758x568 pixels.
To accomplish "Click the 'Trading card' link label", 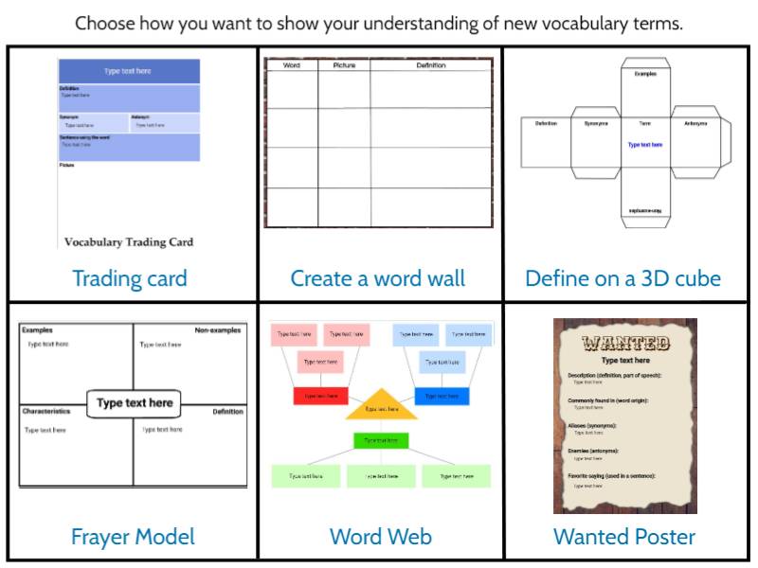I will pyautogui.click(x=130, y=278).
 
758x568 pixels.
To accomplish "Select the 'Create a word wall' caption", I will pyautogui.click(x=378, y=278).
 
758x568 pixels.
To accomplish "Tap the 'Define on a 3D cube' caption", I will pyautogui.click(x=623, y=278).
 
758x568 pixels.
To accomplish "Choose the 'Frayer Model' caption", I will pyautogui.click(x=133, y=537).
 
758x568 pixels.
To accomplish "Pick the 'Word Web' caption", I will pyautogui.click(x=380, y=537).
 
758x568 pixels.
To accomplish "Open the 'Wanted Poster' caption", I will pyautogui.click(x=624, y=537).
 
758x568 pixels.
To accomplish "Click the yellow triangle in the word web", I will pyautogui.click(x=381, y=404).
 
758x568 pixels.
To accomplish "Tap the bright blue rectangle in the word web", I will pyautogui.click(x=442, y=396).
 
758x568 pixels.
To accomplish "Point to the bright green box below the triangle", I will pyautogui.click(x=381, y=440).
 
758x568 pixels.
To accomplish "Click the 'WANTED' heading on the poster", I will pyautogui.click(x=624, y=343).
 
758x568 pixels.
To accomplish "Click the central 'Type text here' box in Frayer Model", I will pyautogui.click(x=135, y=403).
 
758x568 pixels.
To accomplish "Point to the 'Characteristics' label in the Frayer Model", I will pyautogui.click(x=46, y=412).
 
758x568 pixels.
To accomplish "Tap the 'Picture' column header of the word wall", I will pyautogui.click(x=344, y=65).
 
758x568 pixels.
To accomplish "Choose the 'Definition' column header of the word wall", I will pyautogui.click(x=431, y=65).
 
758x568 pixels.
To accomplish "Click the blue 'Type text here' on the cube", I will pyautogui.click(x=645, y=145).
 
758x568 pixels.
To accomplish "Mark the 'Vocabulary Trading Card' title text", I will pyautogui.click(x=129, y=242).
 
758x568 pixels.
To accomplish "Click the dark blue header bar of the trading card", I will pyautogui.click(x=129, y=71).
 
